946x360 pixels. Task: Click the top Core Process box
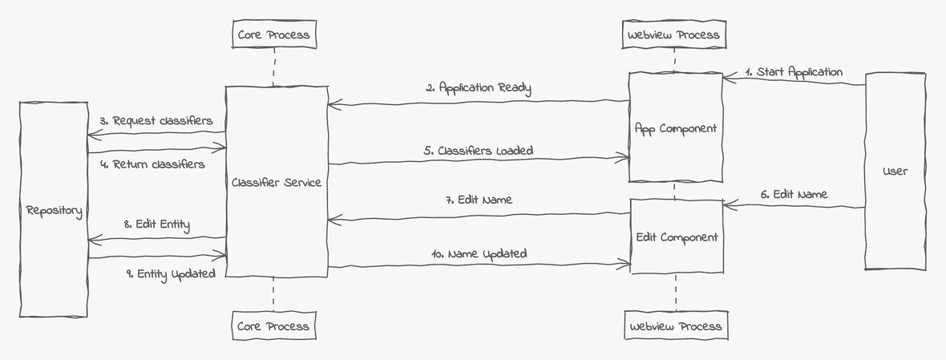(273, 34)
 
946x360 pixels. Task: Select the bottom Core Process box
(273, 326)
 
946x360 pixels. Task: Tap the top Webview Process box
(674, 34)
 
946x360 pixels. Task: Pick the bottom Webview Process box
(676, 326)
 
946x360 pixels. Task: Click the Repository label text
(54, 211)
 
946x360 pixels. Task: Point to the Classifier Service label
(277, 182)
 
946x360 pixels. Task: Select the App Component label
(675, 128)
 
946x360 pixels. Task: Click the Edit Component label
(677, 237)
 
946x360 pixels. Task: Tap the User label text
(895, 171)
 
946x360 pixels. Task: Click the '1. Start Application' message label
(794, 72)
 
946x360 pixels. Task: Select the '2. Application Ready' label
(478, 88)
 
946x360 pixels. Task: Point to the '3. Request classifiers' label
(156, 121)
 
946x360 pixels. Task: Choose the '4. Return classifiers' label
(152, 164)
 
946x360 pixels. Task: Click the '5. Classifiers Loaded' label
(478, 150)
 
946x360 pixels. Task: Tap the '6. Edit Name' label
(793, 194)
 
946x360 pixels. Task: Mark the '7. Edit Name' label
(479, 200)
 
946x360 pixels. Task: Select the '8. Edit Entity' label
(157, 224)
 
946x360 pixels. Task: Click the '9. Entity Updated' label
(171, 273)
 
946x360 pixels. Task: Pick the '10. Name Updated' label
(479, 253)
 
